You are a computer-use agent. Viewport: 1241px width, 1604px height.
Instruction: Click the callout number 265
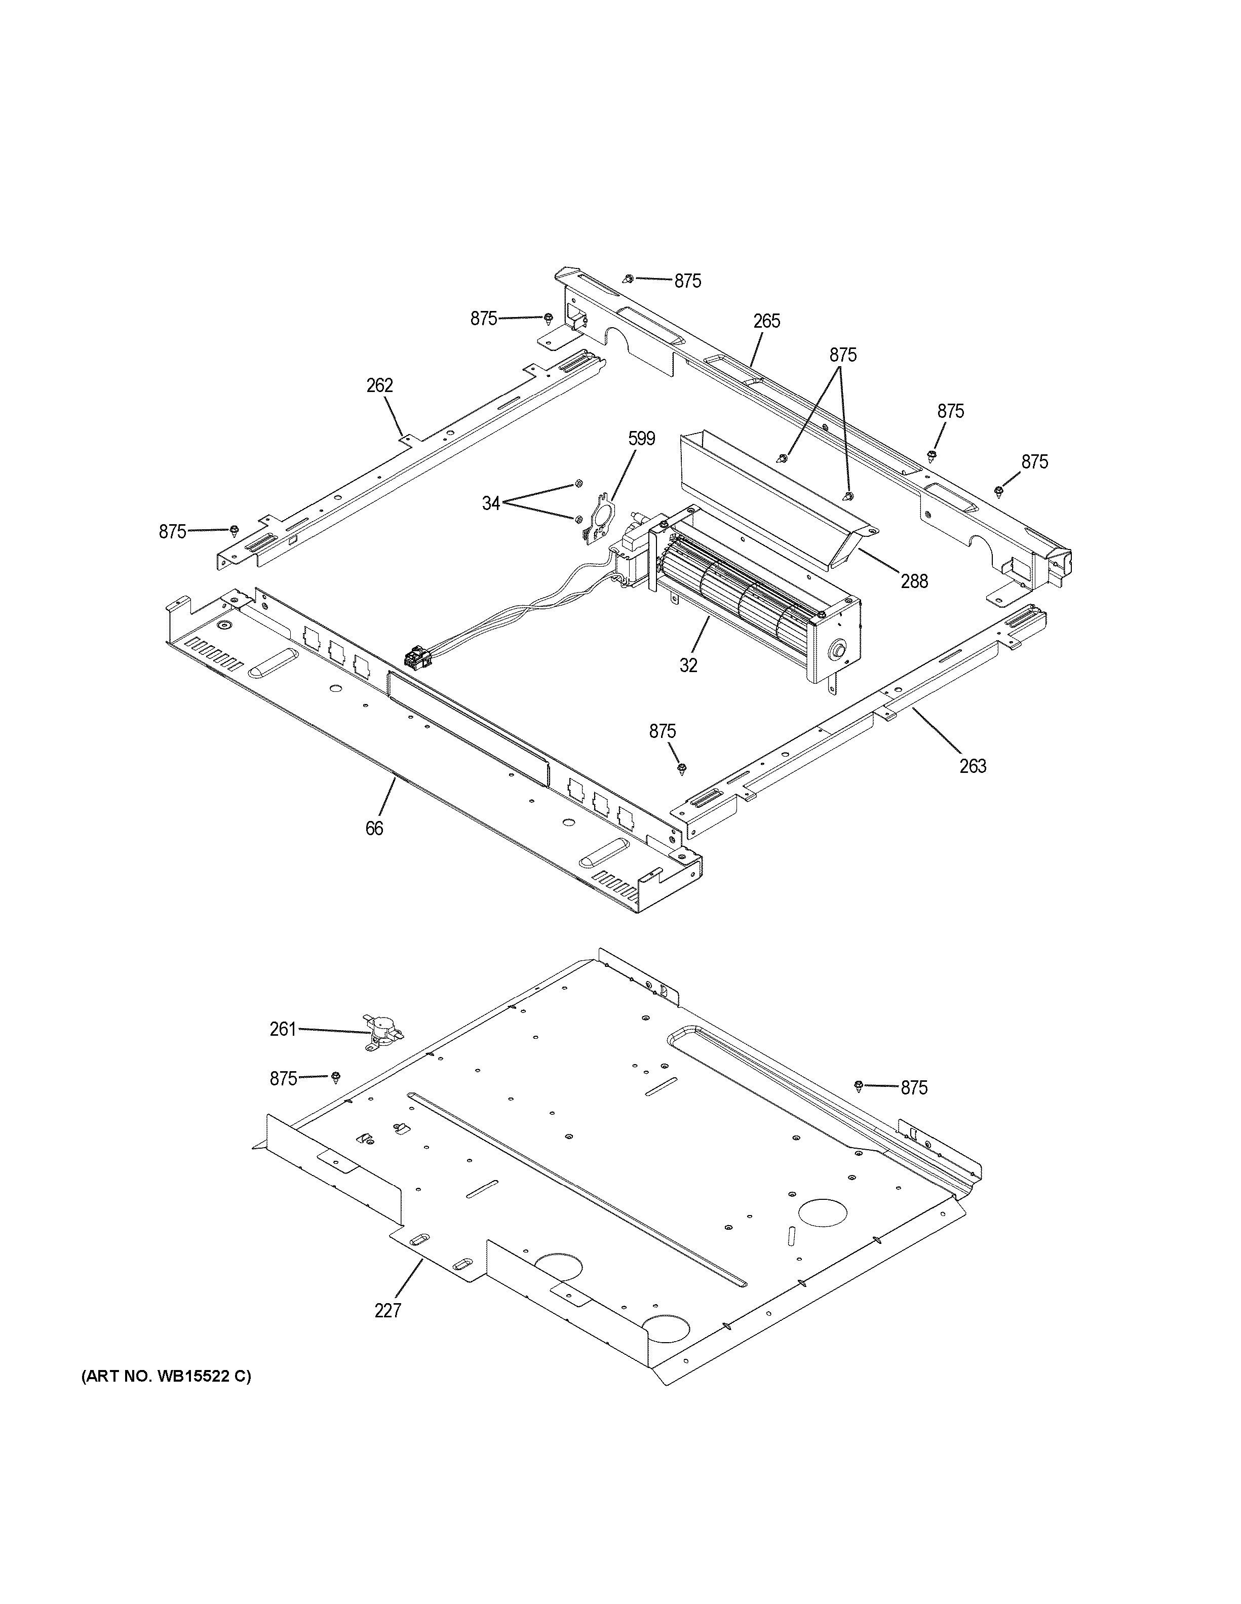[766, 321]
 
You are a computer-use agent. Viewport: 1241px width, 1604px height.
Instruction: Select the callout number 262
[379, 385]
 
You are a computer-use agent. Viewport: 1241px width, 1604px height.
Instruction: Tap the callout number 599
[641, 439]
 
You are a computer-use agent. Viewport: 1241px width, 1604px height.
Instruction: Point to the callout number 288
[914, 581]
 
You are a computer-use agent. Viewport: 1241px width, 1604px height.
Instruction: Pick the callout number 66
[374, 829]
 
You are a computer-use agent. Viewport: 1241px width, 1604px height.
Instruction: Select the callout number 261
[283, 1029]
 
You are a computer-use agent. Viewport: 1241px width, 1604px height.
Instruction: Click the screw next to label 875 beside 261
[336, 1077]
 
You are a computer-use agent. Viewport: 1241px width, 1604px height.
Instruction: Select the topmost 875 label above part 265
[688, 281]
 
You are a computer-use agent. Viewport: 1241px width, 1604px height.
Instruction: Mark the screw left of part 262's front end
[234, 530]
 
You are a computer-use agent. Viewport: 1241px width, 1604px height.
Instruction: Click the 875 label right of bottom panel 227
[914, 1088]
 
